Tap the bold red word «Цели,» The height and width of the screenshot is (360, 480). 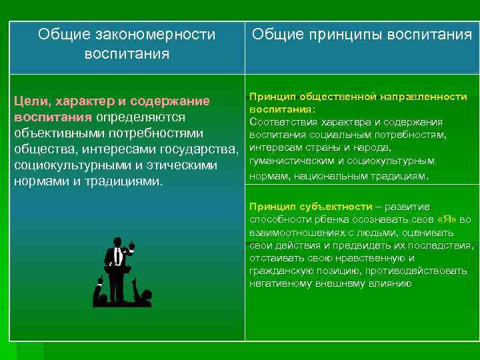pyautogui.click(x=36, y=101)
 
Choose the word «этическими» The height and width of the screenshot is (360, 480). pyautogui.click(x=195, y=165)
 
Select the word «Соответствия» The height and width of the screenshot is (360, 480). pyautogui.click(x=282, y=122)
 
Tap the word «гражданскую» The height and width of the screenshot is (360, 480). pyautogui.click(x=280, y=271)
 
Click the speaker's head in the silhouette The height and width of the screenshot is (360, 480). pyautogui.click(x=117, y=241)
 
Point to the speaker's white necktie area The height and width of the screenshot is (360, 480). pyautogui.click(x=117, y=256)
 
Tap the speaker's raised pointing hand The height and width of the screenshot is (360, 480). pyautogui.click(x=132, y=245)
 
